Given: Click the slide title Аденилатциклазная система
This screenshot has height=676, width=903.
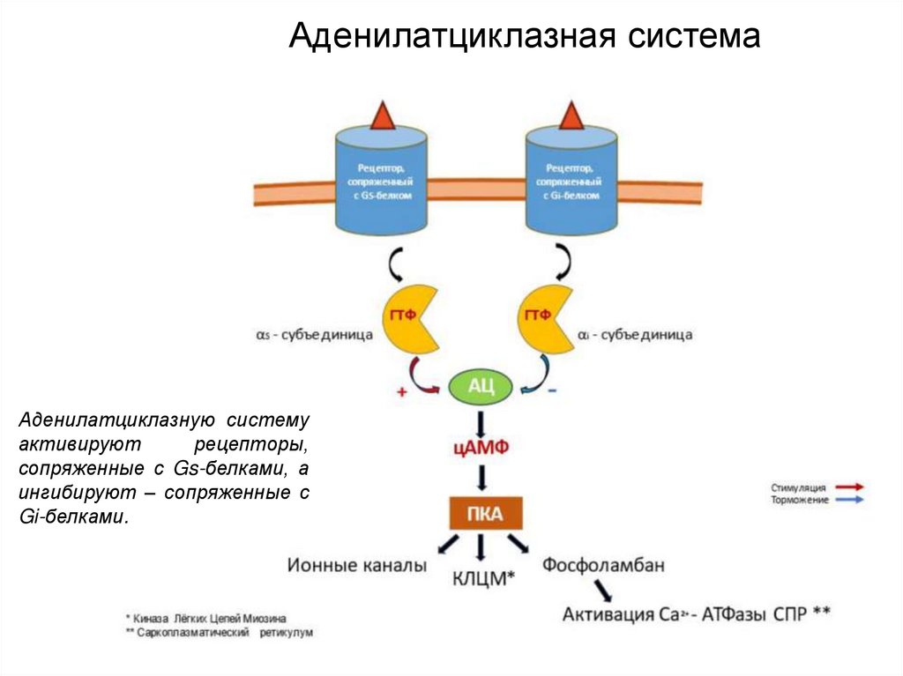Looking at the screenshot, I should point(526,36).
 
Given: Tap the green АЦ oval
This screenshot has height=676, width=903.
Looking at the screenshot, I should point(481,385).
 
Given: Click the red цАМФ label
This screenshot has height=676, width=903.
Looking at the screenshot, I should point(481,448).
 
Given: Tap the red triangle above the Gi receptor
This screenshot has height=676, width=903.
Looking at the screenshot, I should point(572,115).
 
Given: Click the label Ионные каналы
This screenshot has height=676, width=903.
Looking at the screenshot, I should point(356,565).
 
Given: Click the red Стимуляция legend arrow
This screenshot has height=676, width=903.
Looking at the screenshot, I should point(848,487).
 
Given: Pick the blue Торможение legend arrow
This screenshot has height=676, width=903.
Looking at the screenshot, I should point(848,500).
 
